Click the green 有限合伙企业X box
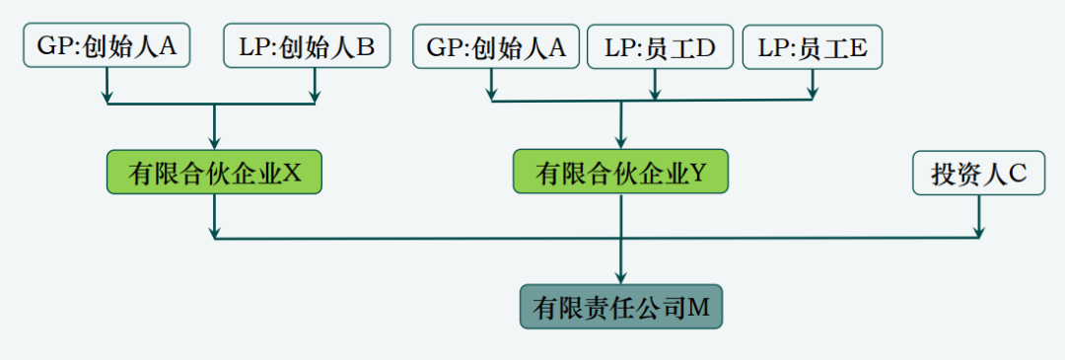coord(215,173)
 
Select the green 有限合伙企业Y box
coord(620,173)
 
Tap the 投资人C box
coord(978,173)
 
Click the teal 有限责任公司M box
coord(620,308)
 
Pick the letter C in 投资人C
coord(1018,174)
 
